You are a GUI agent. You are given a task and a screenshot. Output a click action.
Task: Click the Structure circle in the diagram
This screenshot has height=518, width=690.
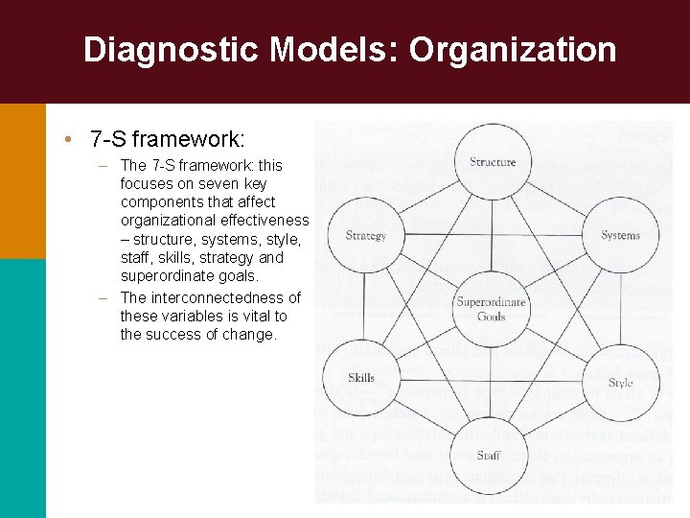(493, 162)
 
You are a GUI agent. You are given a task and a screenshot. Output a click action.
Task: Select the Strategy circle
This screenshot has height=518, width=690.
(365, 236)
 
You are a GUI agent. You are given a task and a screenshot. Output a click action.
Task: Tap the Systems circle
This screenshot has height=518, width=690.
(620, 236)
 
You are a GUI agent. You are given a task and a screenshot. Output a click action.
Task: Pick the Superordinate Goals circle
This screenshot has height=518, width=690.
(492, 309)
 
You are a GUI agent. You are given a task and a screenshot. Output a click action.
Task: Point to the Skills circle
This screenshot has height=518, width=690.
(361, 378)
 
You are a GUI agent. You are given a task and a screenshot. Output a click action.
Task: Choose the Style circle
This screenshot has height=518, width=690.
(620, 382)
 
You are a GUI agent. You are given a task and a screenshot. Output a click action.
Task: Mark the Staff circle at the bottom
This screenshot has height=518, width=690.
(490, 456)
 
